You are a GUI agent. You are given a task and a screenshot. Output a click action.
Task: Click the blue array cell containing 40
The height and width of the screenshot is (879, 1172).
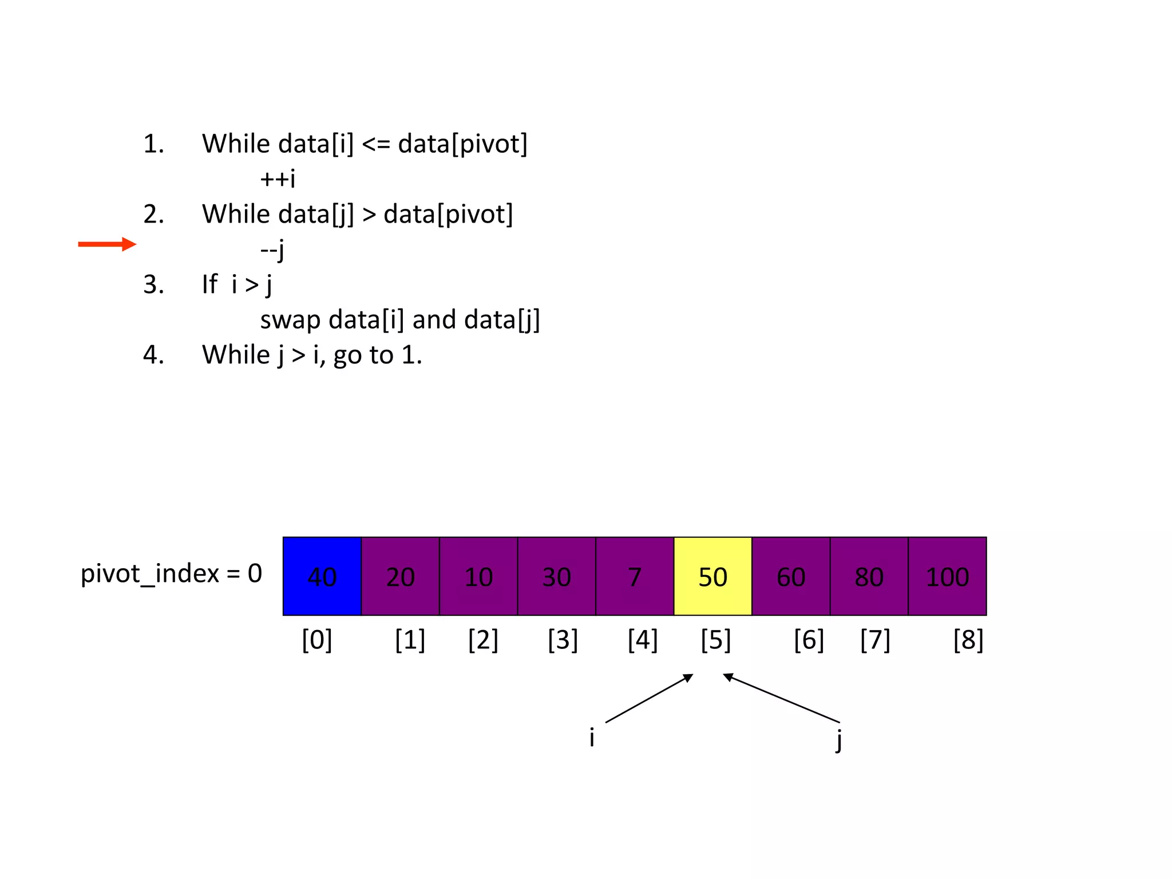[322, 576]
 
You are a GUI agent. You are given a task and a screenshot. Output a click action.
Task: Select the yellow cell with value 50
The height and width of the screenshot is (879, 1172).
[712, 576]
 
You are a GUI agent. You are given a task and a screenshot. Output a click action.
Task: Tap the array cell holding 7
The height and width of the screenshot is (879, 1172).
[635, 576]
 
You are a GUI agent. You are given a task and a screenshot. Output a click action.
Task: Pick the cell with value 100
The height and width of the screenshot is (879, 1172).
[947, 576]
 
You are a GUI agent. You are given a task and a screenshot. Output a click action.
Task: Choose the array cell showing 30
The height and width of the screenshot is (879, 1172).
[556, 576]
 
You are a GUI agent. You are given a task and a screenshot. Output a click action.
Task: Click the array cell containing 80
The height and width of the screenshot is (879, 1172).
[869, 576]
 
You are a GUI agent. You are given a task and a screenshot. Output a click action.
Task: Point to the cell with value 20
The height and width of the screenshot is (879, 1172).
[400, 576]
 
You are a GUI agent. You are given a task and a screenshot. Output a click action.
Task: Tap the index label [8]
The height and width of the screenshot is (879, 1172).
[968, 640]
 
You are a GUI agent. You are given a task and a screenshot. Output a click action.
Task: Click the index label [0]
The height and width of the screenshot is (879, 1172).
[317, 640]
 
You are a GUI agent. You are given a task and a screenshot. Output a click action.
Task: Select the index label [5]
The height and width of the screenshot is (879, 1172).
[716, 640]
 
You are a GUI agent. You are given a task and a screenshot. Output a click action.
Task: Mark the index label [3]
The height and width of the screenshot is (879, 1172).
[563, 640]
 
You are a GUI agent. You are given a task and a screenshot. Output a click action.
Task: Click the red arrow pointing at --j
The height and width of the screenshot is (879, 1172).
[107, 244]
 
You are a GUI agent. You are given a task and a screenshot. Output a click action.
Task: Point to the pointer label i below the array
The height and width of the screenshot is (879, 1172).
[592, 738]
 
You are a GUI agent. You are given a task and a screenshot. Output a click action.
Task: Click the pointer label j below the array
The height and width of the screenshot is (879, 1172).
[838, 739]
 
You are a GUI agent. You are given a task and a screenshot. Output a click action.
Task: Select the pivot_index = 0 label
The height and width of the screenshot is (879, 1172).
[171, 573]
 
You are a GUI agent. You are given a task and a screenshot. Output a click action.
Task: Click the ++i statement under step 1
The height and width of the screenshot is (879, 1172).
[278, 179]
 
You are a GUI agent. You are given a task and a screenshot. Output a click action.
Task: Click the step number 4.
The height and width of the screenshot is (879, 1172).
[153, 355]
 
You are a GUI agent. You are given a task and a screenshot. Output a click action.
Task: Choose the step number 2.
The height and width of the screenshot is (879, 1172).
[153, 214]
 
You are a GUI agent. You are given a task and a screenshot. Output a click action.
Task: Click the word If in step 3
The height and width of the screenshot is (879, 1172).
[209, 284]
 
